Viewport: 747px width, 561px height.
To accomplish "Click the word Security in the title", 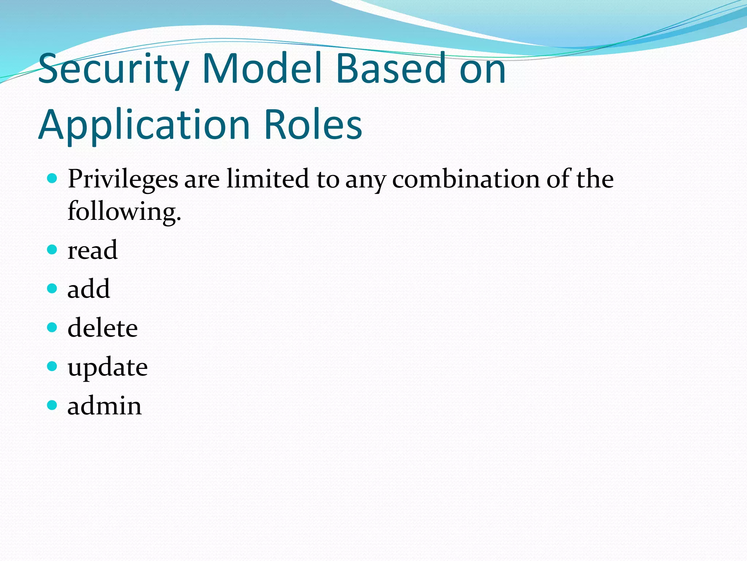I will [x=113, y=69].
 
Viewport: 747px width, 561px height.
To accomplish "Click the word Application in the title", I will [x=144, y=125].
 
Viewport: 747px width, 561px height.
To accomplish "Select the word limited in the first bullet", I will [x=268, y=179].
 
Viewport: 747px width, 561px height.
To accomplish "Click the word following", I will [x=124, y=212].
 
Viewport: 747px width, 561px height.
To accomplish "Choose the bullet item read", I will [x=93, y=250].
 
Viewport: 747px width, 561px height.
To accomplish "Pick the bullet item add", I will [x=89, y=289].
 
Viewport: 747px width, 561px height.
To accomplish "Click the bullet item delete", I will [x=102, y=328].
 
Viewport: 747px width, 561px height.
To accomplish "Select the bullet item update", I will [x=108, y=367].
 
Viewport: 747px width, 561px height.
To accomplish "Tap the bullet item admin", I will [x=105, y=406].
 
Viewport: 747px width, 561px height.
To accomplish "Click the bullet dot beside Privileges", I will [x=53, y=179].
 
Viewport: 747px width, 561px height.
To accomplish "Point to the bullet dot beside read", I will [x=53, y=250].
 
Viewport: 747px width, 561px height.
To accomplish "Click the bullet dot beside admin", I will [x=53, y=405].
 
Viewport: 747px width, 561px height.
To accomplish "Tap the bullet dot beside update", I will [x=53, y=366].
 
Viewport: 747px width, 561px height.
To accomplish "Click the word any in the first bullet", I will [x=365, y=180].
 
